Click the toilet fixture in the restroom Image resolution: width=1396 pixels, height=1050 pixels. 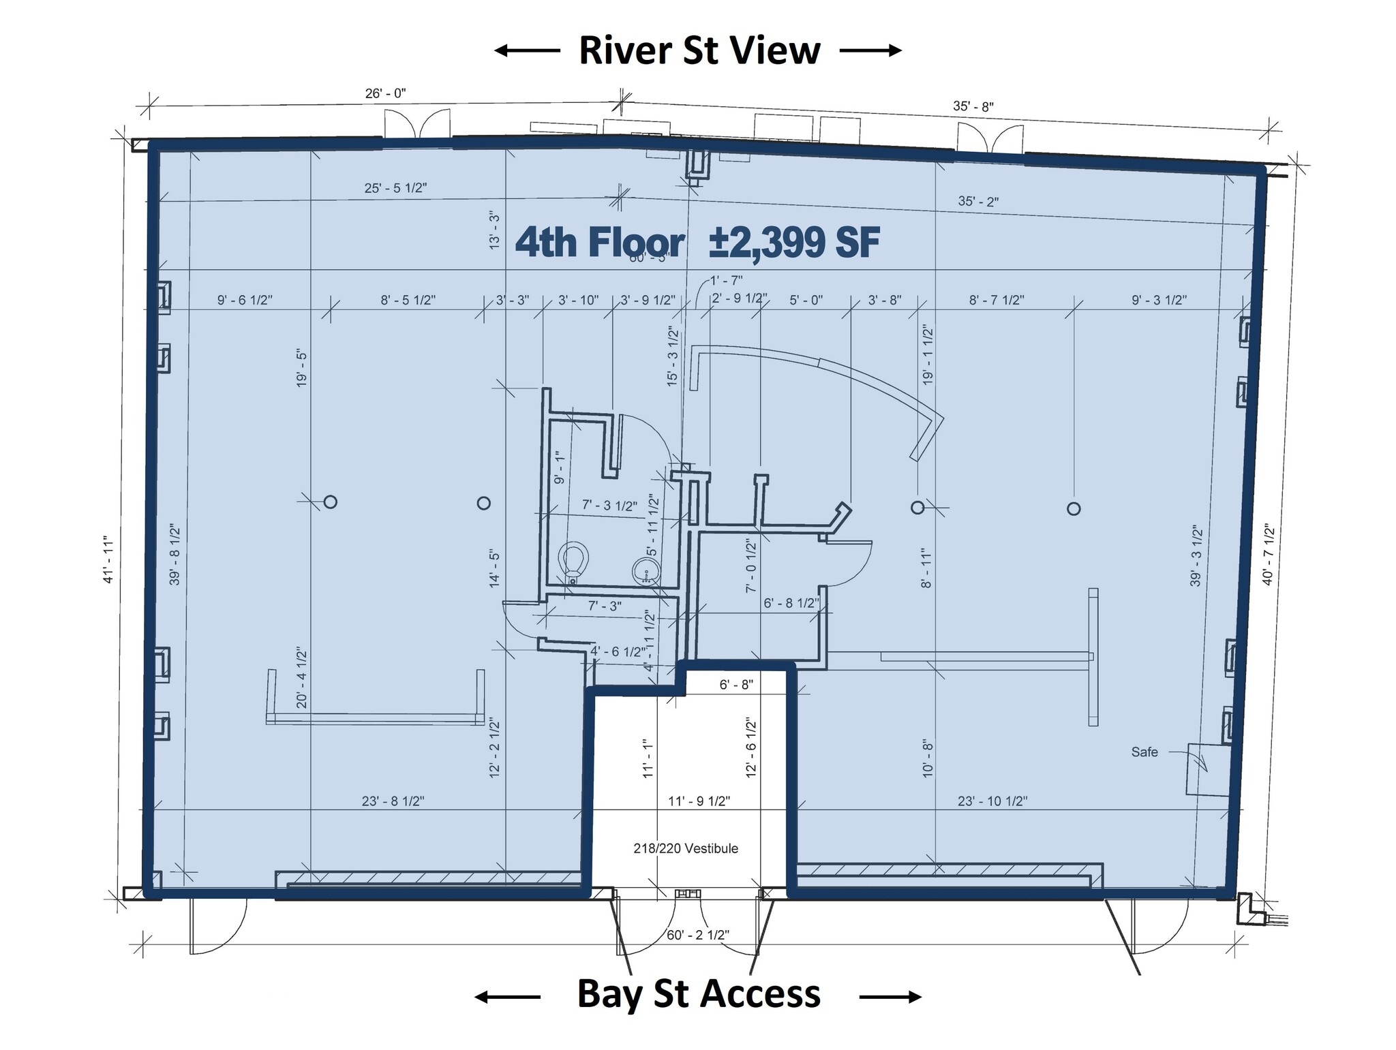click(573, 561)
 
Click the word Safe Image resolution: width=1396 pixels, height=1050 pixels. click(1144, 752)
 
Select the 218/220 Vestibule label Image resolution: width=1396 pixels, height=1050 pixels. click(685, 848)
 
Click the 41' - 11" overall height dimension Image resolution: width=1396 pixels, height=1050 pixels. click(108, 559)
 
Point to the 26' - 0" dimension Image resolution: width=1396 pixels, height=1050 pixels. click(385, 93)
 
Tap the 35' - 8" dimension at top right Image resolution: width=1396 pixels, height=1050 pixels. click(973, 106)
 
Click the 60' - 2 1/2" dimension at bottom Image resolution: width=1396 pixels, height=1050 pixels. click(697, 935)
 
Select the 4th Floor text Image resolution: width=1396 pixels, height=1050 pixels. click(599, 243)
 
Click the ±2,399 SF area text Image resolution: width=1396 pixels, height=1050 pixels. click(794, 243)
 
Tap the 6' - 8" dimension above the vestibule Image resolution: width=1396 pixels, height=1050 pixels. click(735, 684)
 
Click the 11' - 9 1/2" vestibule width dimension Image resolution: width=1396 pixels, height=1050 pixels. click(699, 801)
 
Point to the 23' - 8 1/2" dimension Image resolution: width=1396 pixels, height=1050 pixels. click(393, 801)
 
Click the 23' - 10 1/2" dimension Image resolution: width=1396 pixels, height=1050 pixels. click(992, 801)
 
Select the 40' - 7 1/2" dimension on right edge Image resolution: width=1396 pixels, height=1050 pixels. click(1268, 554)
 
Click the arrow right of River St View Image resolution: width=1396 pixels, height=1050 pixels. click(870, 50)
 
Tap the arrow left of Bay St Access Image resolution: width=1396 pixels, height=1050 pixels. click(507, 998)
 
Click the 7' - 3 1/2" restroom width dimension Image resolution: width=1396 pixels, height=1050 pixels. click(609, 506)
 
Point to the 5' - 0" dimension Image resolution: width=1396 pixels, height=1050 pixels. click(806, 300)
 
